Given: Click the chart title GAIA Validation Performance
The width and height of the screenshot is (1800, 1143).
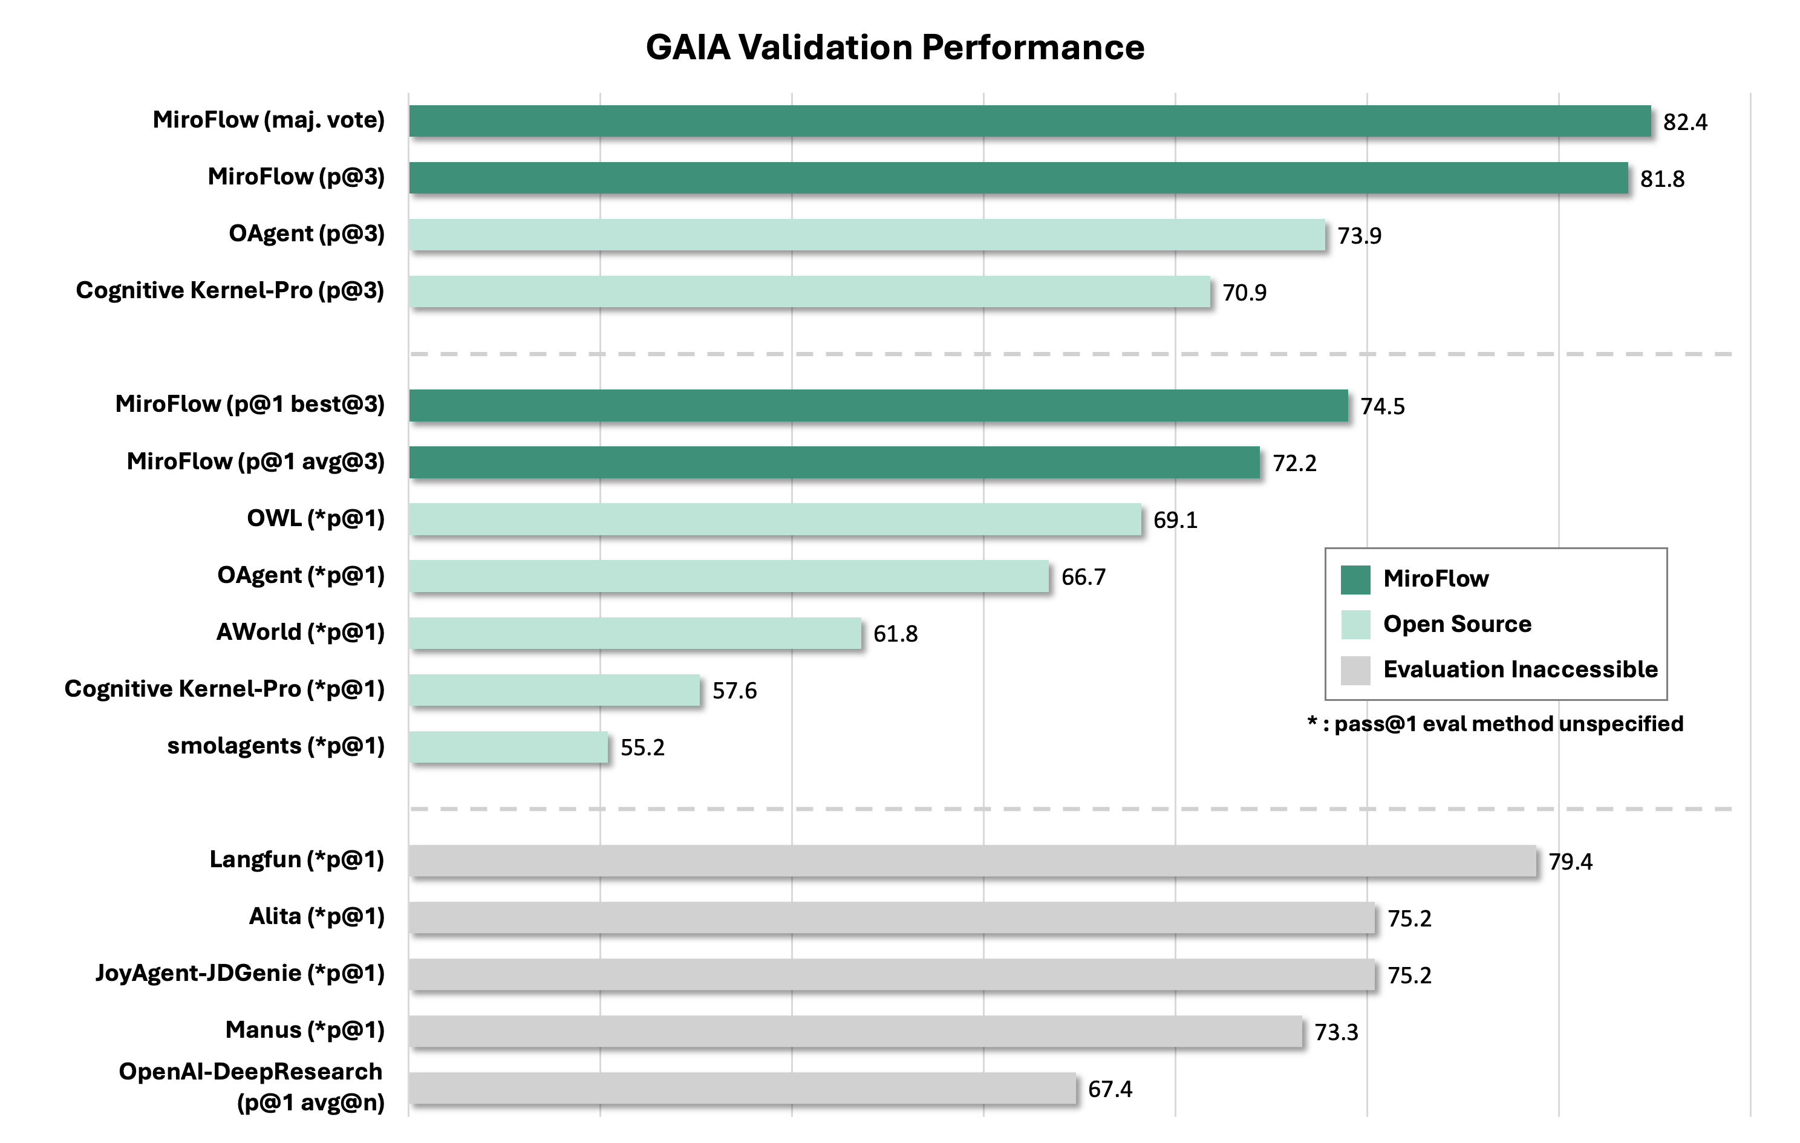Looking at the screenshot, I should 895,47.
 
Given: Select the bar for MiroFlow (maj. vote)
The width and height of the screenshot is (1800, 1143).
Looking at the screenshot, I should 1029,121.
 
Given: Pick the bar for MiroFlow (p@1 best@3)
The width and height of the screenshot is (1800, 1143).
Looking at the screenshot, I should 878,405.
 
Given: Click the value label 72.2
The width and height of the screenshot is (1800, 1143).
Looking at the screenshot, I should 1294,463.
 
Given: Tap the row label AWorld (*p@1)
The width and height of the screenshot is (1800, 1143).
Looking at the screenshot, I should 300,633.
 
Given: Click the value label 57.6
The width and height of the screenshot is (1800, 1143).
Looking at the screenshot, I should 734,691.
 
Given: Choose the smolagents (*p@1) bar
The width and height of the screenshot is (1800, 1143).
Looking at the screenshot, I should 508,747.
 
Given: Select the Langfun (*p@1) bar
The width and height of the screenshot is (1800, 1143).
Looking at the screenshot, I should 972,861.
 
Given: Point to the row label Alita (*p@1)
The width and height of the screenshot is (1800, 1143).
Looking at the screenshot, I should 316,916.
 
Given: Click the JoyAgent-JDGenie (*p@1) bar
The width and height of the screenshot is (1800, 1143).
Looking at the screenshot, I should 891,974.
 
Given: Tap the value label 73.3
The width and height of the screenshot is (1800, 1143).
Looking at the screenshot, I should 1336,1032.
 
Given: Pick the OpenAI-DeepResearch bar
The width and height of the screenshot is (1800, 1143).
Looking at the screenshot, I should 742,1089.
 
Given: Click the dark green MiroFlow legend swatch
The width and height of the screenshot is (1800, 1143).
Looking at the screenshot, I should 1354,579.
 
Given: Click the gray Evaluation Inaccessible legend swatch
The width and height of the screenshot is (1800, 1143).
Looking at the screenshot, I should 1354,670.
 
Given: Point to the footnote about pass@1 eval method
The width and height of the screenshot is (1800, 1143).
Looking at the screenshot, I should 1495,724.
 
